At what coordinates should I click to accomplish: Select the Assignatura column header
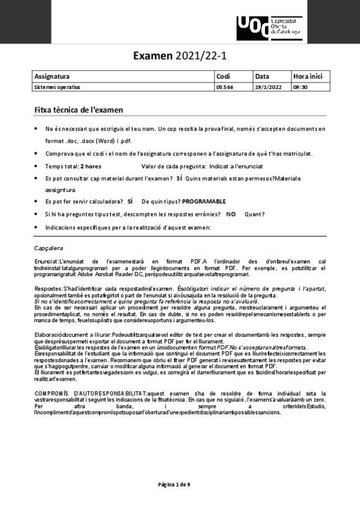click(x=52, y=76)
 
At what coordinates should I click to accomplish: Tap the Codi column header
click(x=223, y=76)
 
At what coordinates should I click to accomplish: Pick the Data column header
click(x=262, y=76)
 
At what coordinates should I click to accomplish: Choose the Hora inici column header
click(x=308, y=76)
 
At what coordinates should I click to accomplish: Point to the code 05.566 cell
click(x=224, y=87)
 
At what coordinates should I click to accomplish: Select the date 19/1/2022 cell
click(x=268, y=87)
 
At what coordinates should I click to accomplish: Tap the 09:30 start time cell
click(x=301, y=87)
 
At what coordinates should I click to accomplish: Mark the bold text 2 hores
click(x=91, y=166)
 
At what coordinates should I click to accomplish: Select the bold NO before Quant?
click(x=231, y=214)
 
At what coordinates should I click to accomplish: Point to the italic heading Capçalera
click(x=49, y=248)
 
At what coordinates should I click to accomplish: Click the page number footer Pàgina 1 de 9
click(x=174, y=484)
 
